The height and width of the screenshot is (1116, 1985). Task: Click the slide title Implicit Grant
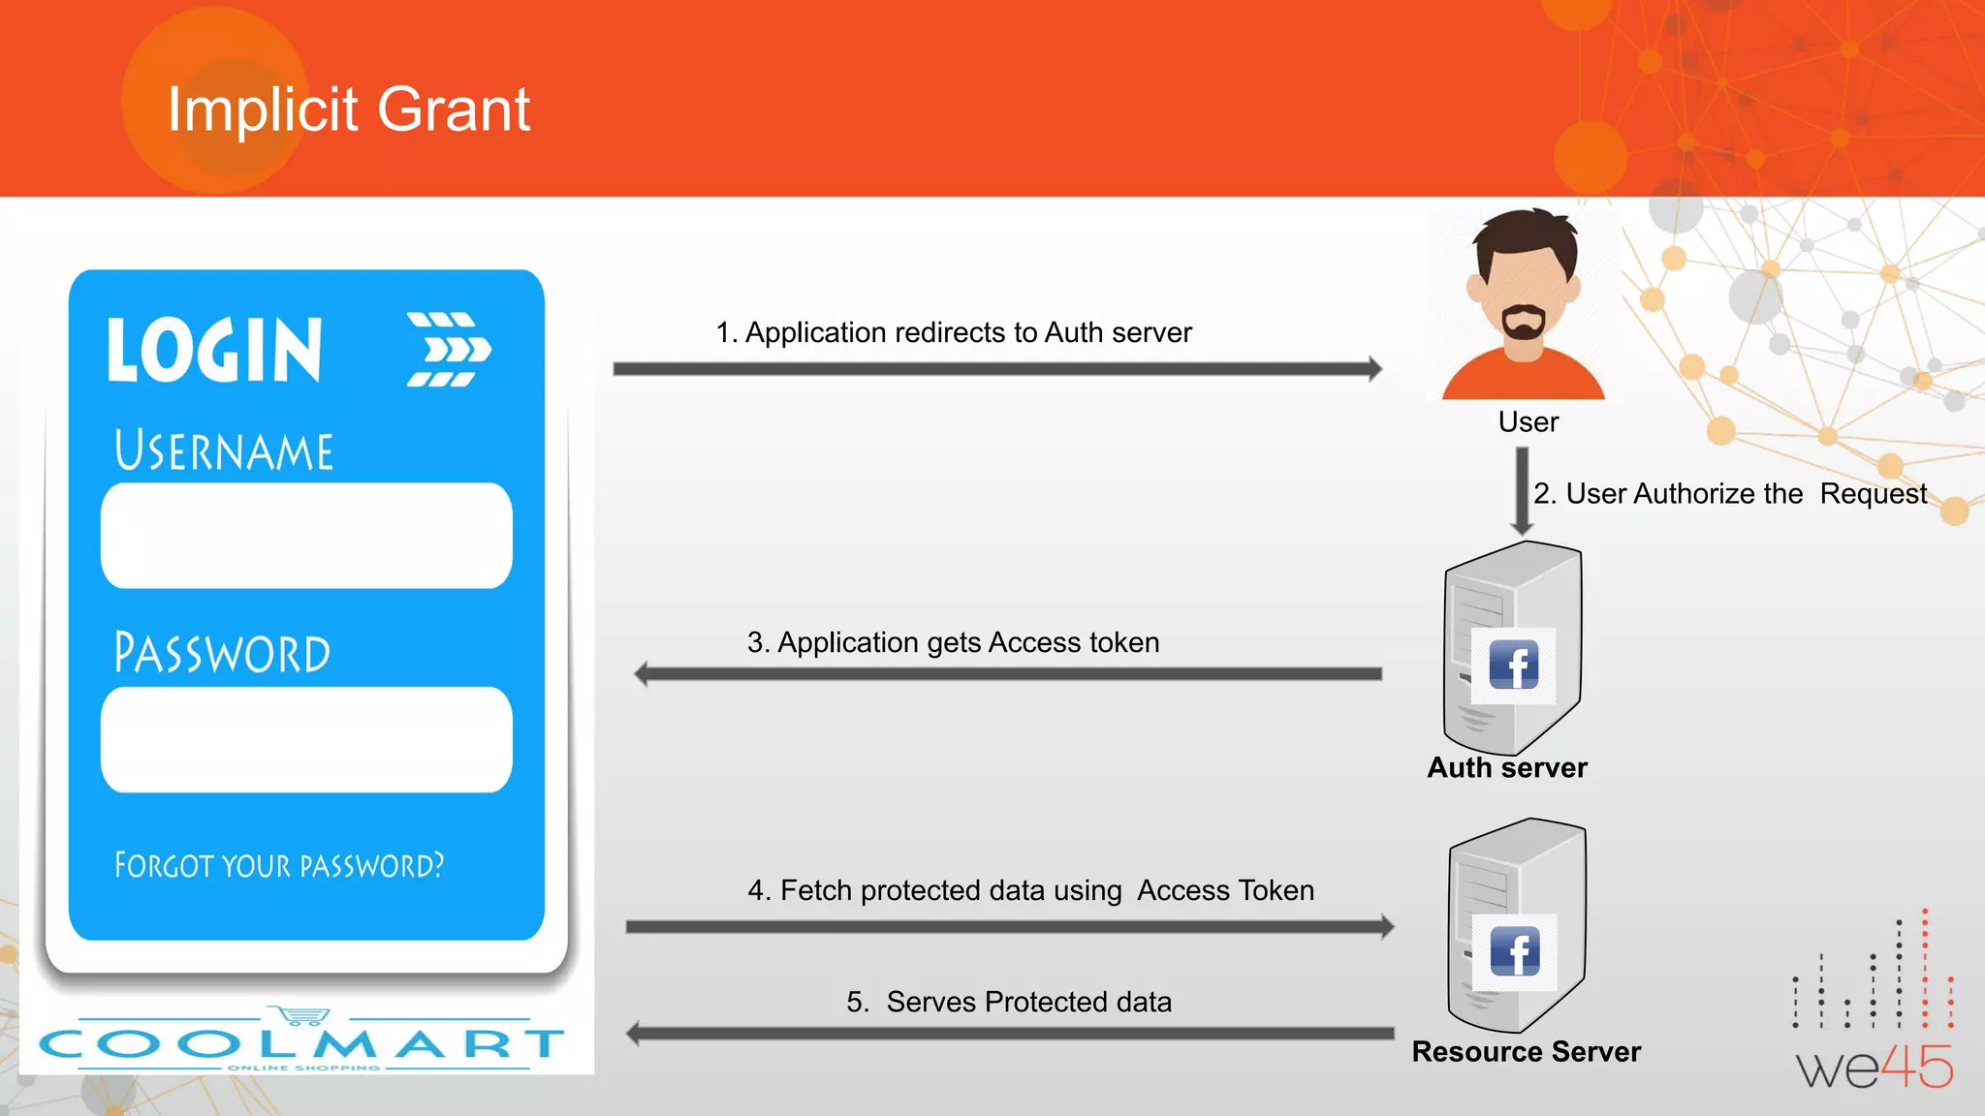coord(349,108)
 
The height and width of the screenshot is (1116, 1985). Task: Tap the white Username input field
coord(306,536)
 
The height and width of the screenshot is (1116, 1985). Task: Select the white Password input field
coord(306,740)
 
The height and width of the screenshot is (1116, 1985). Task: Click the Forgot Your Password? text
coord(279,865)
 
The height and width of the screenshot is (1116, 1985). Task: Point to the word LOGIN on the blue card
coord(214,351)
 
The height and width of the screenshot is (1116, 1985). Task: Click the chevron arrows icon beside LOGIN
coord(449,350)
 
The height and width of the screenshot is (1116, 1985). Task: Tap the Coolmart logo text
coord(301,1043)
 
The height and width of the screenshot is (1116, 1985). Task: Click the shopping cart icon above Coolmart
coord(302,1015)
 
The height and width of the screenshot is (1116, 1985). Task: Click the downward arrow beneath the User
coord(1522,490)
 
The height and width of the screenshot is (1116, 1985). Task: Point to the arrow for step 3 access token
coord(1008,674)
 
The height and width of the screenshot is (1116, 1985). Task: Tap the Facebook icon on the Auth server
coord(1513,666)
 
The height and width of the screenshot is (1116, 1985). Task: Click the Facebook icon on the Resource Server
coord(1515,951)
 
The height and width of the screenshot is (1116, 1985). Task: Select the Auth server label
coord(1507,768)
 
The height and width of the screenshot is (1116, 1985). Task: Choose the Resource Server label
coord(1527,1052)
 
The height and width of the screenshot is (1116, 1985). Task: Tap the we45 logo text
coord(1875,1068)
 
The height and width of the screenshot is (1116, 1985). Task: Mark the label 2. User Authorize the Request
coord(1730,494)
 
